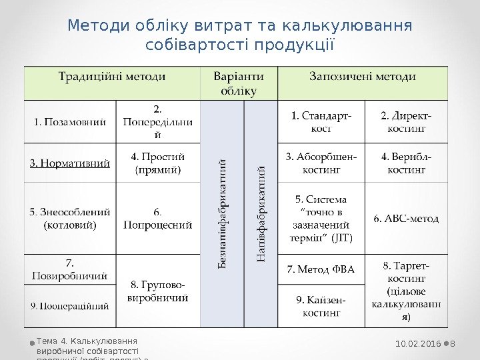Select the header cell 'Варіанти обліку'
coord(238,83)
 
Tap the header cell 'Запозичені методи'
coord(363,77)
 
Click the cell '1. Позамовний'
coord(70,121)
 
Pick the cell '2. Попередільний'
coord(158,121)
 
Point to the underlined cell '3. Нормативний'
coord(70,163)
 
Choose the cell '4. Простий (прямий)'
coord(158,163)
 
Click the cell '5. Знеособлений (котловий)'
coord(70,219)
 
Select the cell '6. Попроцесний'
coord(158,219)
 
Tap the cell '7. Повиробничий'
coord(70,269)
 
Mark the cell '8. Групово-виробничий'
coord(158,291)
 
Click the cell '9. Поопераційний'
coord(70,306)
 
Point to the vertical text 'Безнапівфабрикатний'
coord(223,213)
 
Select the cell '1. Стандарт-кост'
coord(321,121)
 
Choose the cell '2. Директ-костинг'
coord(406,121)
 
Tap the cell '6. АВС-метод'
coord(406,218)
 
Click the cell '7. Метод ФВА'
coord(321,270)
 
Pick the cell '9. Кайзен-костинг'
coord(321,305)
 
